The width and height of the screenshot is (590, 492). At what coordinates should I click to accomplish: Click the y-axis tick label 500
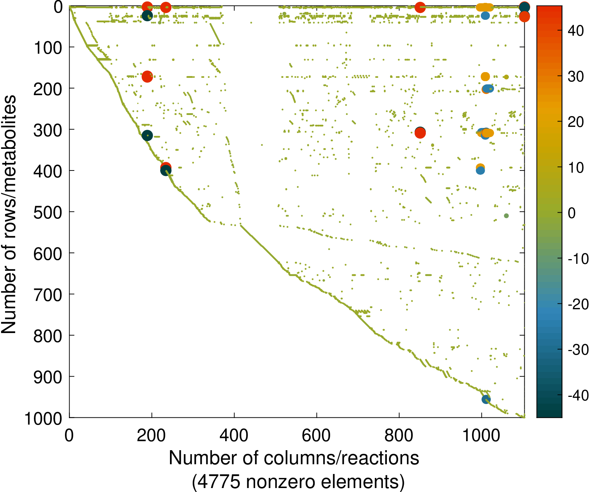48,212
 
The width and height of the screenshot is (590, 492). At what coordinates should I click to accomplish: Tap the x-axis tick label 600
316,436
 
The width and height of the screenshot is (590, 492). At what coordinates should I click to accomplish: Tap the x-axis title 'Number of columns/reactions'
294,458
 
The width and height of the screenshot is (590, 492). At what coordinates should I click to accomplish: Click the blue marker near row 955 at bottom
486,399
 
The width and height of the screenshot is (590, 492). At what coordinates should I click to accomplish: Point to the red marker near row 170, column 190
147,76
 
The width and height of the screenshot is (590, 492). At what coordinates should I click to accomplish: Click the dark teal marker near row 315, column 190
147,136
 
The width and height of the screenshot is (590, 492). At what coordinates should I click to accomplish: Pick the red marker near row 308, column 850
420,133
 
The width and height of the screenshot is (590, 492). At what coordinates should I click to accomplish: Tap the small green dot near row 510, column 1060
506,216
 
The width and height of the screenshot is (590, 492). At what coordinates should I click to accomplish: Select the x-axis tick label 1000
481,436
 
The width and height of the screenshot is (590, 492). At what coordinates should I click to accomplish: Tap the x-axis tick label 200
152,436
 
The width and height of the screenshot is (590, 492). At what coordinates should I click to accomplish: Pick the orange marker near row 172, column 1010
485,76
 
